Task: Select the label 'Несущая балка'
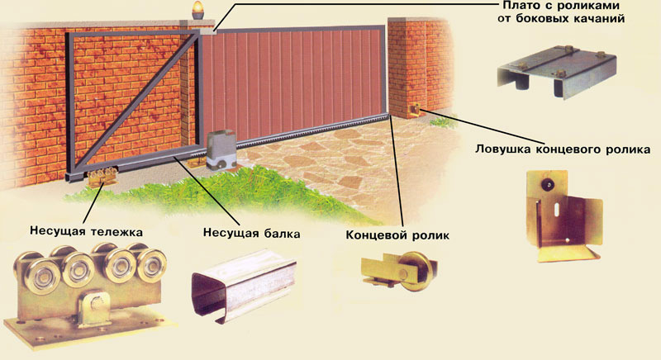point(250,233)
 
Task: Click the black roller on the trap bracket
point(546,187)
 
